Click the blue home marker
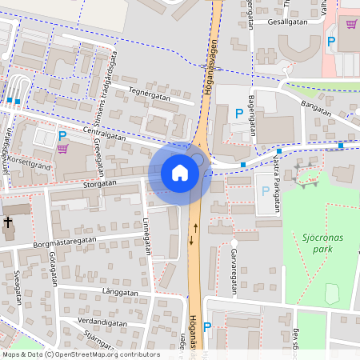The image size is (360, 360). pyautogui.click(x=180, y=173)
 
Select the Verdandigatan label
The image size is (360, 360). pyautogui.click(x=102, y=322)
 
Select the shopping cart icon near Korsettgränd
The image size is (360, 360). pyautogui.click(x=62, y=149)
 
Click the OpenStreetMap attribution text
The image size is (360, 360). pyautogui.click(x=80, y=354)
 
